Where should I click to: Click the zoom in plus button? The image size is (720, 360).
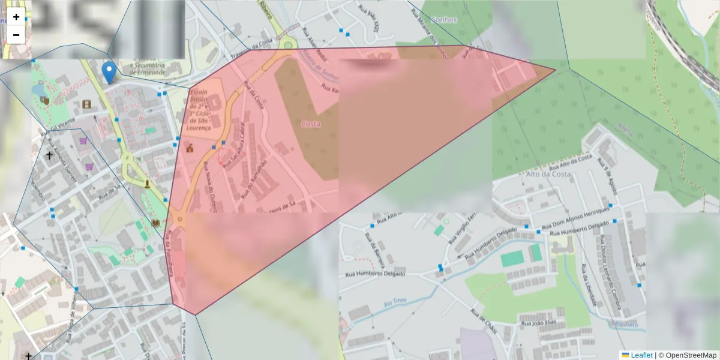[16, 17]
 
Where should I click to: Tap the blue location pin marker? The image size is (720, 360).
[109, 72]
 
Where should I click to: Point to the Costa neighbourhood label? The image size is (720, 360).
[310, 124]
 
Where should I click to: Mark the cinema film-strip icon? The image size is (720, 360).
[88, 104]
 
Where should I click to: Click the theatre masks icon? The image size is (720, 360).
[44, 101]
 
